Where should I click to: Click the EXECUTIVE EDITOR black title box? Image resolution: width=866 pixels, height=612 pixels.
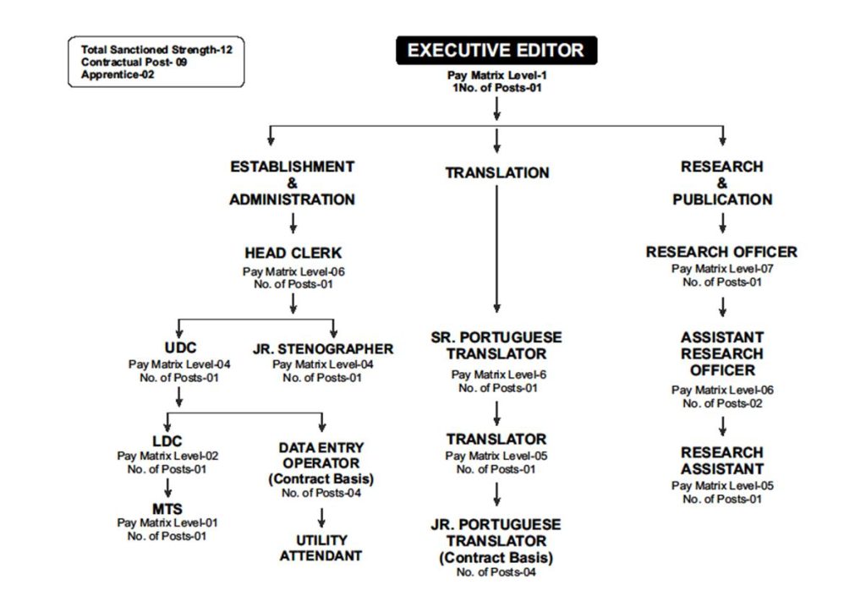[x=496, y=51]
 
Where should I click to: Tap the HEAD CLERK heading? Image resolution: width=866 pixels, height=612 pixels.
[x=293, y=254]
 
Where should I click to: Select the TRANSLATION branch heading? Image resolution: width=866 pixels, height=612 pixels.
[x=497, y=173]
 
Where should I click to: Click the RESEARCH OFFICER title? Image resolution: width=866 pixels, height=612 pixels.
[x=721, y=252]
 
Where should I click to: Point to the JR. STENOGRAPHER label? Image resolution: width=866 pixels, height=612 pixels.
[x=322, y=349]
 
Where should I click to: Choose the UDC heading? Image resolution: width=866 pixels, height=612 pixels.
[x=179, y=348]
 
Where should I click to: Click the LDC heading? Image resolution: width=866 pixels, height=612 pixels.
[x=167, y=441]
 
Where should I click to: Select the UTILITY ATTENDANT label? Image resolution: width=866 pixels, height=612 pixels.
[x=321, y=548]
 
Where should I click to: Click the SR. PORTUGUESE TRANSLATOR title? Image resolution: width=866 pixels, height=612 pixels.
[x=496, y=346]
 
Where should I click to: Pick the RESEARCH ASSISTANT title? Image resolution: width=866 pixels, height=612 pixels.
[x=721, y=461]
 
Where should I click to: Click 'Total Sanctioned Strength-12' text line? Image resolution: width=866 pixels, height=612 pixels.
[x=156, y=50]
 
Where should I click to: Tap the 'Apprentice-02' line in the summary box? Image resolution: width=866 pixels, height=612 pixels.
[x=118, y=74]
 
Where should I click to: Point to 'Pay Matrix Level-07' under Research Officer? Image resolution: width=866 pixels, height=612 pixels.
[x=721, y=269]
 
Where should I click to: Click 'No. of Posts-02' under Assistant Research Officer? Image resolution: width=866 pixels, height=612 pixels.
[x=721, y=403]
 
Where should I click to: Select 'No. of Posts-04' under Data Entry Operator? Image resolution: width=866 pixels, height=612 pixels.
[x=321, y=493]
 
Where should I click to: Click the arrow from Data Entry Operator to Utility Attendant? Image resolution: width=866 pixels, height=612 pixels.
[x=321, y=517]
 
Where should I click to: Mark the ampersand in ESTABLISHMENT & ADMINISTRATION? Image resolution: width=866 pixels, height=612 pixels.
[x=293, y=183]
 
